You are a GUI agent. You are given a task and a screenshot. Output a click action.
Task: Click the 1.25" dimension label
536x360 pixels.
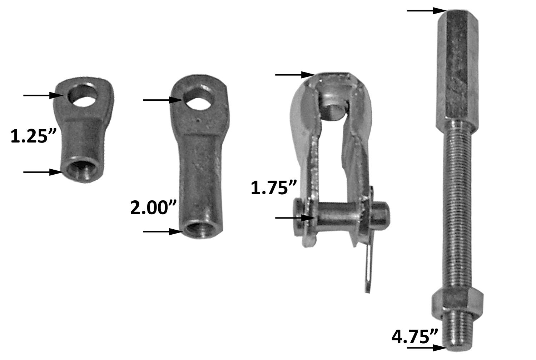click(29, 136)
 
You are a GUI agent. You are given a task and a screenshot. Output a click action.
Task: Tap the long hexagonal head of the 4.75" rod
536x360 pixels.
click(458, 64)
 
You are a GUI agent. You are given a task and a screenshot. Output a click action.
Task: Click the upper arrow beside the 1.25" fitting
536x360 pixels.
click(41, 95)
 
